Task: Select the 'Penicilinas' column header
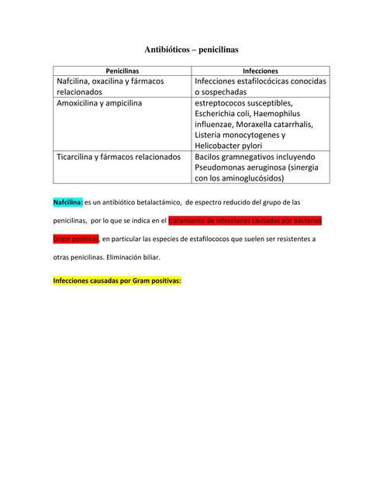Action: (x=122, y=71)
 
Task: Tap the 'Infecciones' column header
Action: (x=261, y=71)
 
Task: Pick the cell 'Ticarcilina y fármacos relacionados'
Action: (x=119, y=156)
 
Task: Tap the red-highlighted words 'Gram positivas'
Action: (x=76, y=239)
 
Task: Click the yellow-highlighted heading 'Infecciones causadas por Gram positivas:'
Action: (x=116, y=281)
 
